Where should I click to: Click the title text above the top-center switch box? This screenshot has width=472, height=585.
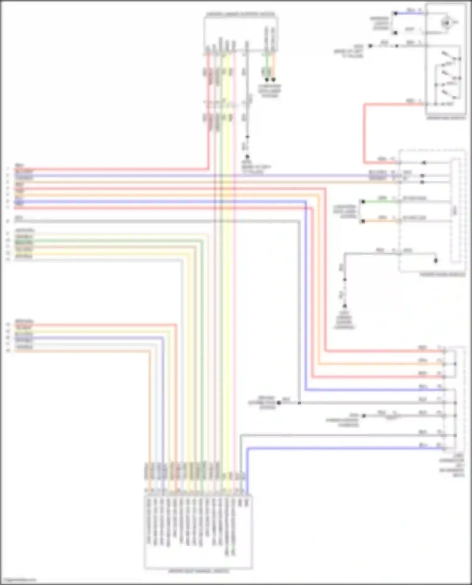click(x=240, y=14)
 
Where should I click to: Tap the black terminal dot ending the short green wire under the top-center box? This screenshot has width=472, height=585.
click(x=267, y=80)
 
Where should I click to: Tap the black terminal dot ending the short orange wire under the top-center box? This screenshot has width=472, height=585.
click(x=273, y=80)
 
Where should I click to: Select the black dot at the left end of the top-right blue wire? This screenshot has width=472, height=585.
click(x=395, y=13)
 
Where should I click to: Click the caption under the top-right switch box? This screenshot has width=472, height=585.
click(x=446, y=118)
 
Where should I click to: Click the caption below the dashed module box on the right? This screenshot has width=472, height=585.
click(x=442, y=274)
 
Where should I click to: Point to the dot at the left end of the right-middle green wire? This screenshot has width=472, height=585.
click(x=363, y=201)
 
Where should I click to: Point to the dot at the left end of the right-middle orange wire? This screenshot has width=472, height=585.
click(x=363, y=221)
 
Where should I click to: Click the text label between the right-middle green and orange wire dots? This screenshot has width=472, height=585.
click(x=345, y=212)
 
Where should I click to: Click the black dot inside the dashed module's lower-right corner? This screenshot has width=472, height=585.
click(x=436, y=261)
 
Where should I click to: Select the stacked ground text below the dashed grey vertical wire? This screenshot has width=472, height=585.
click(x=344, y=320)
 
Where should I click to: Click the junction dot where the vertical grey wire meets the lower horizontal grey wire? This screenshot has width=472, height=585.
click(x=299, y=403)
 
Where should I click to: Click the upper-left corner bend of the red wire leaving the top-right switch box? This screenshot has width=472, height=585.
click(x=364, y=104)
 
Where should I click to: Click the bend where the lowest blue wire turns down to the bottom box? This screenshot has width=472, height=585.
click(x=247, y=448)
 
